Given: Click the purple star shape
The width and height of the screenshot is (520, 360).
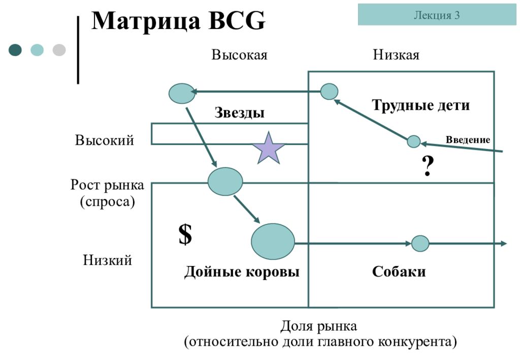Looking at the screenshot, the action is pyautogui.click(x=268, y=149).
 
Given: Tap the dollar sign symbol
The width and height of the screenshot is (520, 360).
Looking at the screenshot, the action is pyautogui.click(x=185, y=234).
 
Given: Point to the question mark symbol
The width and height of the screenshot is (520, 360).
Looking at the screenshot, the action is pyautogui.click(x=428, y=166).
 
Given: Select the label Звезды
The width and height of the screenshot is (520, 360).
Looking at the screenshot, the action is pyautogui.click(x=240, y=112).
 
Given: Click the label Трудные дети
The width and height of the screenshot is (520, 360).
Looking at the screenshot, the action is pyautogui.click(x=421, y=105).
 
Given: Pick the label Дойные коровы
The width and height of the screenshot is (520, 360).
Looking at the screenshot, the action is pyautogui.click(x=242, y=272).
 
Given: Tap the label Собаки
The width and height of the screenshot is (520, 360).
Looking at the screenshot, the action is pyautogui.click(x=399, y=272).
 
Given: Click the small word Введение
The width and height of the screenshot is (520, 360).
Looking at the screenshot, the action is pyautogui.click(x=468, y=140).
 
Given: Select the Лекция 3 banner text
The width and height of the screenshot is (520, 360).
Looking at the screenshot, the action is pyautogui.click(x=437, y=15).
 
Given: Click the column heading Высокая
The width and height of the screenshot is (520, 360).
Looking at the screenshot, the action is pyautogui.click(x=240, y=55).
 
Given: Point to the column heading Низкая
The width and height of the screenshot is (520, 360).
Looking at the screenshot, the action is pyautogui.click(x=396, y=55).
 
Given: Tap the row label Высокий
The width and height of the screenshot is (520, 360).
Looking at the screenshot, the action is pyautogui.click(x=105, y=140).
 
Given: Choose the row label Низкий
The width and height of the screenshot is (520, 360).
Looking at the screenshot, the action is pyautogui.click(x=108, y=260).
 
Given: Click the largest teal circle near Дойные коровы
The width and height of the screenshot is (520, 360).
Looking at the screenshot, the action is pyautogui.click(x=273, y=241).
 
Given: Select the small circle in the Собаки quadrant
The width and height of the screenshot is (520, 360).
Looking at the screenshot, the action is pyautogui.click(x=420, y=244).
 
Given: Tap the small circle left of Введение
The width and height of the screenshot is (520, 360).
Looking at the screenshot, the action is pyautogui.click(x=413, y=142).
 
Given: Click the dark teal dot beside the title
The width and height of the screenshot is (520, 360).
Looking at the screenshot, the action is pyautogui.click(x=15, y=50).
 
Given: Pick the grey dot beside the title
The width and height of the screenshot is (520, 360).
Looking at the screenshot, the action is pyautogui.click(x=59, y=50).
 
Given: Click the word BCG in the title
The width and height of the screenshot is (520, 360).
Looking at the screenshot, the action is pyautogui.click(x=237, y=20).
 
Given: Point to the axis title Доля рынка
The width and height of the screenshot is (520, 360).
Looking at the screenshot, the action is pyautogui.click(x=319, y=326).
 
